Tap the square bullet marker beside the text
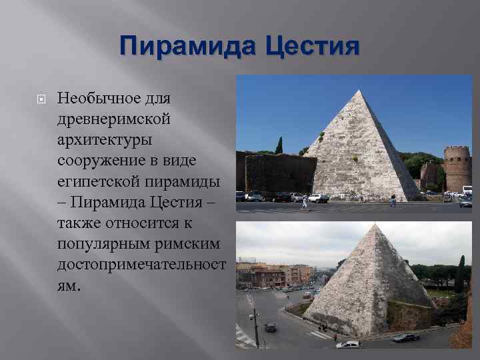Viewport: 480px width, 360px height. point(39,99)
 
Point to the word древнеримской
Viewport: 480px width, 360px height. point(114,119)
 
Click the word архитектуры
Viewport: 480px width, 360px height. point(105,140)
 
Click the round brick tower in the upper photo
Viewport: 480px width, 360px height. point(457,168)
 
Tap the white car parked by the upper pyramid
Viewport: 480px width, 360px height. point(319,197)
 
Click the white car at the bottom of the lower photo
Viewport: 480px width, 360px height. point(349,344)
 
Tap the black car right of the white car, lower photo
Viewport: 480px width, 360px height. point(406,337)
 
